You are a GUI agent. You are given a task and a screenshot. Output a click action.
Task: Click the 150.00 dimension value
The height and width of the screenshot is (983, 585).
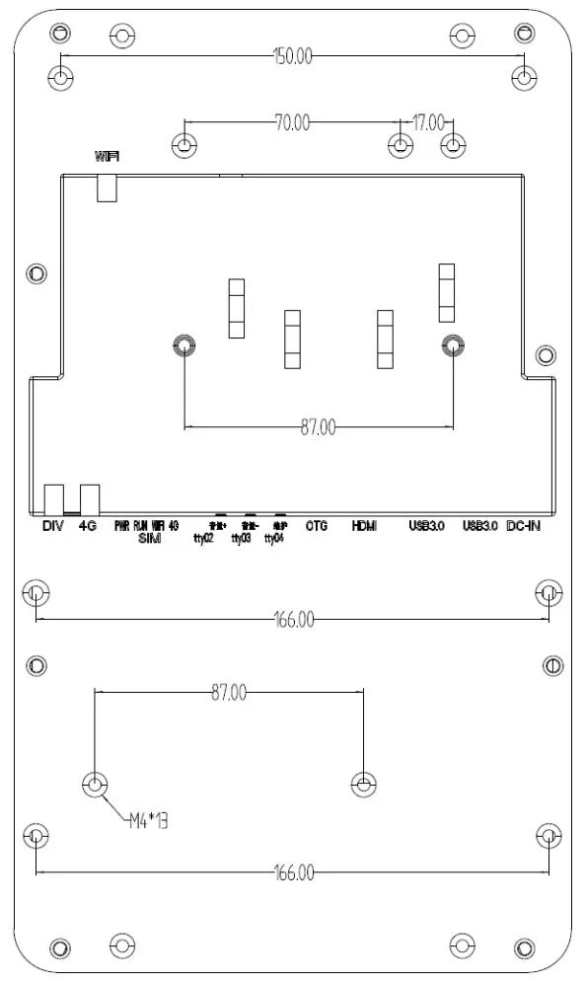292,56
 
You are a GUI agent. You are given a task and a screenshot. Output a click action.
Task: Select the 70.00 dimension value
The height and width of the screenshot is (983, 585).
291,123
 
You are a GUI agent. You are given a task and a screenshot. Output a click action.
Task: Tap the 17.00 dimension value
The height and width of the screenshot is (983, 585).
427,123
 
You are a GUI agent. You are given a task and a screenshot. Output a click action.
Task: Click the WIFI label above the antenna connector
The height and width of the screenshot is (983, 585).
108,157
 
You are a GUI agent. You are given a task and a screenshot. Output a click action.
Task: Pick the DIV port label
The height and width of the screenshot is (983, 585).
53,526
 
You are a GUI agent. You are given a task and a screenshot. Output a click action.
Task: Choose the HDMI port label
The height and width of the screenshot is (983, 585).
365,526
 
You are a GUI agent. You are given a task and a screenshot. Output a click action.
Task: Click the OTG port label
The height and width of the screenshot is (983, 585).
316,526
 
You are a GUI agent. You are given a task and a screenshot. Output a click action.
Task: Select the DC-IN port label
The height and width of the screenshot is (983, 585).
523,526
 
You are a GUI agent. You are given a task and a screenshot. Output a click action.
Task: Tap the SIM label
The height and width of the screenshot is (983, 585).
150,539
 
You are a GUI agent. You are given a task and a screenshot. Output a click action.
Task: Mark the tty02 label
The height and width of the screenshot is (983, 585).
204,539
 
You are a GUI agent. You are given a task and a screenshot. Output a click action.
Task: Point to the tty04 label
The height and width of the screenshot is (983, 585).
274,539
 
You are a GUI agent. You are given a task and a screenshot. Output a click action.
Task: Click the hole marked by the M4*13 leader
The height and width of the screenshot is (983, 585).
95,785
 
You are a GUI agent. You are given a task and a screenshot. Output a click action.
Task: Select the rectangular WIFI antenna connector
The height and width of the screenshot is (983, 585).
107,188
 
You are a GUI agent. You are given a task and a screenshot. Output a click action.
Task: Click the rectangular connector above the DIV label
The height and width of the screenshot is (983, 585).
54,498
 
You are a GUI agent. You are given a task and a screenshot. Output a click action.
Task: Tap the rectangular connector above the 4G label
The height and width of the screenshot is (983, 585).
90,498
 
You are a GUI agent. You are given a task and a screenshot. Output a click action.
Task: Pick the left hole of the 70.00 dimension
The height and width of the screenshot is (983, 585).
184,145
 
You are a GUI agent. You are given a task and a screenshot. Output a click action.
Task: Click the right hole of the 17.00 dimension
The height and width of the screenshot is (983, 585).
453,145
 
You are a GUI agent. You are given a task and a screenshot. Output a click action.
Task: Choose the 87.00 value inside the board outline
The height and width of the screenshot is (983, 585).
318,427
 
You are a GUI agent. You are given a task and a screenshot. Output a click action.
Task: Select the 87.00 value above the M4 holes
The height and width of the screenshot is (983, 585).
229,693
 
